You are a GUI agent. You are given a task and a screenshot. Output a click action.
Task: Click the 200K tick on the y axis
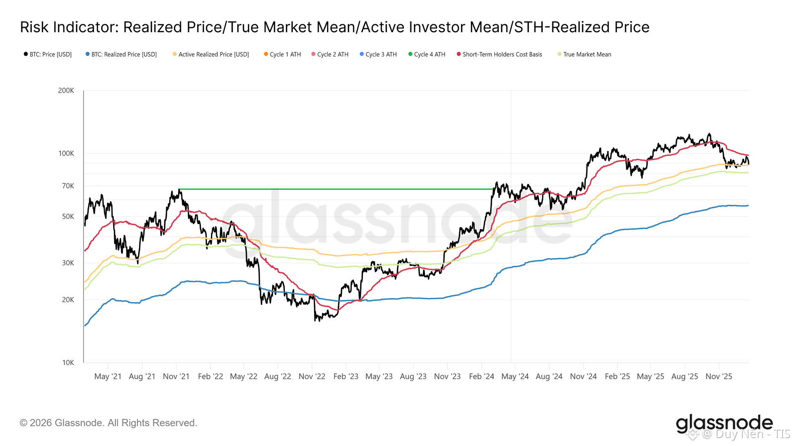pyautogui.click(x=66, y=91)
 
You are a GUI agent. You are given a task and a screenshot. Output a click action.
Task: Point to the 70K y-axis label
pyautogui.click(x=68, y=186)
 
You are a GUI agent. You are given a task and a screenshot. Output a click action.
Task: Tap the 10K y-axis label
pyautogui.click(x=68, y=363)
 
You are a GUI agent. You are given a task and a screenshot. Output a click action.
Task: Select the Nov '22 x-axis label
pyautogui.click(x=312, y=377)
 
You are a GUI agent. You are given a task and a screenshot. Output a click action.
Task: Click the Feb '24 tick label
pyautogui.click(x=481, y=377)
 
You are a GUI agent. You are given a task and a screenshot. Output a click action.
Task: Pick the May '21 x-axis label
pyautogui.click(x=108, y=377)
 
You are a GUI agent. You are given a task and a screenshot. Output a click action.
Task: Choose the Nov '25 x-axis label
pyautogui.click(x=719, y=377)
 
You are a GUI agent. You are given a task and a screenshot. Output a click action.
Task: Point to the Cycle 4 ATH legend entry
pyautogui.click(x=429, y=55)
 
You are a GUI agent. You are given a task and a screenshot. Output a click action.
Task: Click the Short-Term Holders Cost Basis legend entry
pyautogui.click(x=502, y=55)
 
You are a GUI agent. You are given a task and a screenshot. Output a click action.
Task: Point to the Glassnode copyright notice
pyautogui.click(x=109, y=423)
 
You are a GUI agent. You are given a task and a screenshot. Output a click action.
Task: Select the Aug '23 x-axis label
pyautogui.click(x=413, y=377)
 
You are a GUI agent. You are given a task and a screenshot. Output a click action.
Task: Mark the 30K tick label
pyautogui.click(x=68, y=263)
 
